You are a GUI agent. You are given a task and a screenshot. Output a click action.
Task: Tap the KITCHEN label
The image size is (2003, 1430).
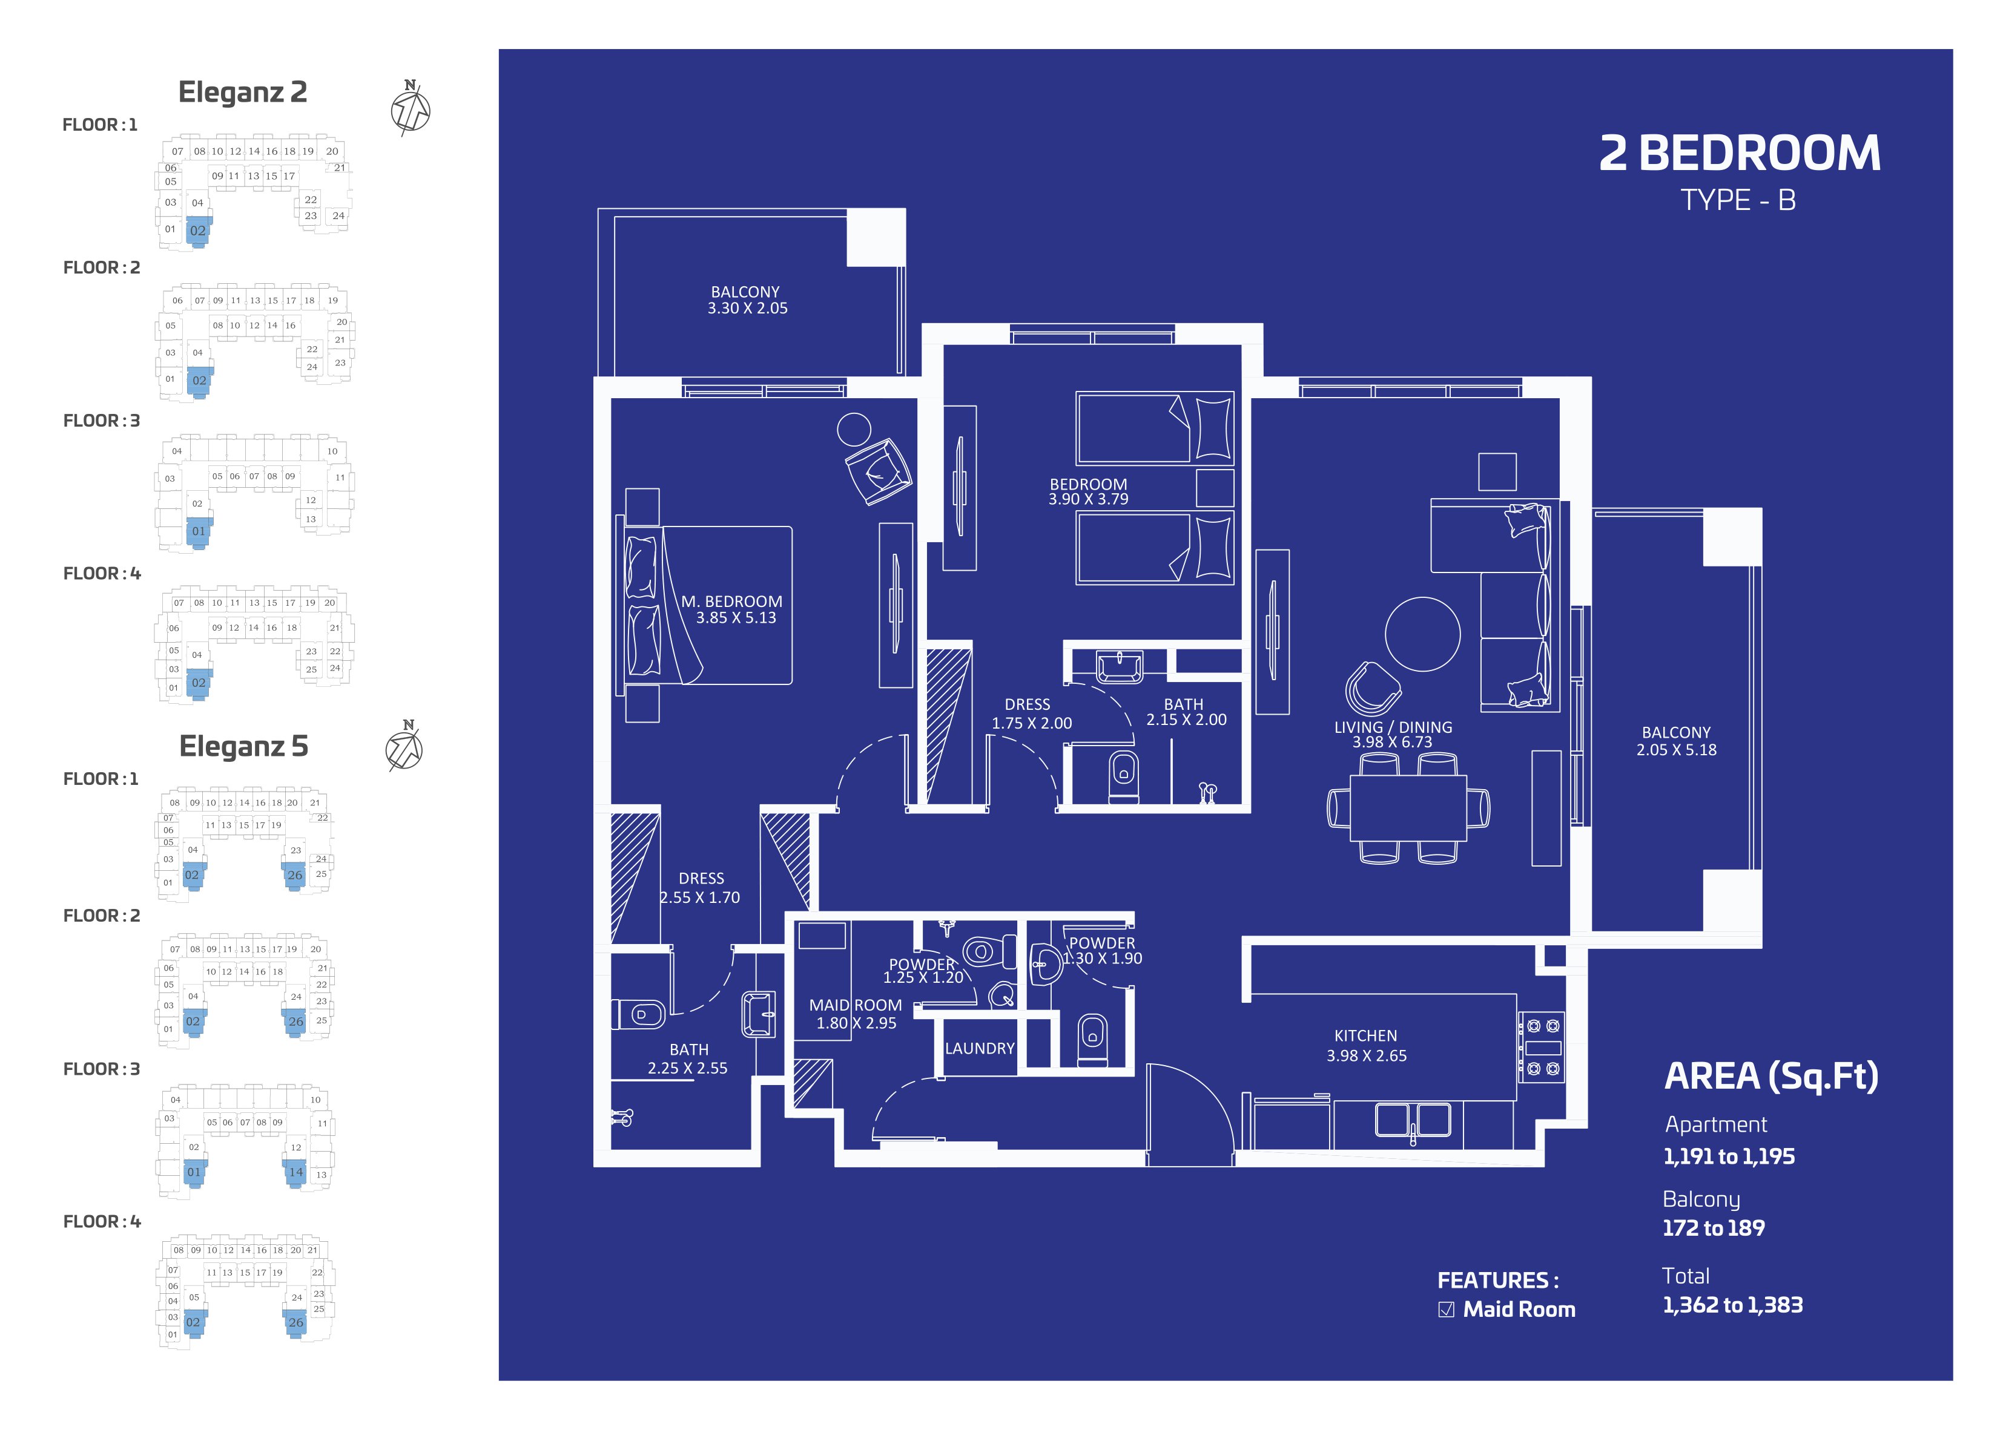coord(1365,1035)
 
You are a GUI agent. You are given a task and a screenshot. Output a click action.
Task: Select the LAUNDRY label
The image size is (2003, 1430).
coord(980,1048)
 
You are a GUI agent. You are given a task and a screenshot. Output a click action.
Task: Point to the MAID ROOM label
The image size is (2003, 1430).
coord(856,1005)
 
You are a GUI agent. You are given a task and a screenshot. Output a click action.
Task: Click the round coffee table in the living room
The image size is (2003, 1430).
coord(1422,634)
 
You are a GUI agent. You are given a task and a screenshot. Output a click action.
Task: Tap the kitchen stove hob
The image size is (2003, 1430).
coord(1542,1047)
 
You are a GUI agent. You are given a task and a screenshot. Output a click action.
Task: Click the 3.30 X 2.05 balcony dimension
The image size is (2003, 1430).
coord(747,308)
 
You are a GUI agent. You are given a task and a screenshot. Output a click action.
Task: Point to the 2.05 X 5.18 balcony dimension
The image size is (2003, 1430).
coord(1676,750)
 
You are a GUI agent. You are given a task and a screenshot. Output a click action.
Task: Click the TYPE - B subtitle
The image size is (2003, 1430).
coord(1738,200)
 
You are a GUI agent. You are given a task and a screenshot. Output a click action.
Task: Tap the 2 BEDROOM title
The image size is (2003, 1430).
coord(1740,153)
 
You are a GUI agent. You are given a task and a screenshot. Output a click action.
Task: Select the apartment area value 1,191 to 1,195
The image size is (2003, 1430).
coord(1728,1156)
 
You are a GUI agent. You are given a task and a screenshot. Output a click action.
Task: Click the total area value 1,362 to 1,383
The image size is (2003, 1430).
coord(1732,1305)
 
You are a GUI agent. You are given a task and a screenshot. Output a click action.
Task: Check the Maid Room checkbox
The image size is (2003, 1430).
coord(1447,1310)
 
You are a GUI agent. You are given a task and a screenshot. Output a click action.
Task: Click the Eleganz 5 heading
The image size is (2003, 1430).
coord(244,746)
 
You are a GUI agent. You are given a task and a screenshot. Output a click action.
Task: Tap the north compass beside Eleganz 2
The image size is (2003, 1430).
coord(411,108)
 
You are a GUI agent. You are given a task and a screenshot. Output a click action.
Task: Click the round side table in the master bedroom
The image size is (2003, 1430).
coord(854,430)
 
